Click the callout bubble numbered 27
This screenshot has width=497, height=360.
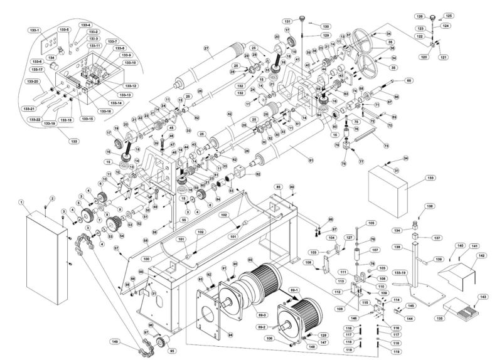coord(206,48)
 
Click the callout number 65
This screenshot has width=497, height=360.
coord(409,80)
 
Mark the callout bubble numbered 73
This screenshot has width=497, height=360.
coord(385,146)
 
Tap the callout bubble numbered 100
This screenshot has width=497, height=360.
coord(146,258)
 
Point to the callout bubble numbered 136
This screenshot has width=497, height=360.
coord(429,206)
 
